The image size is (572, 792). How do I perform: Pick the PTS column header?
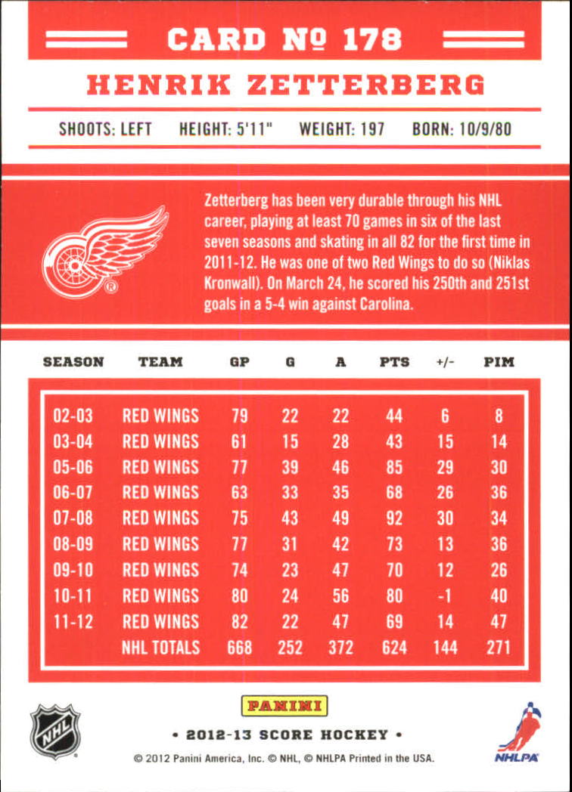pos(394,362)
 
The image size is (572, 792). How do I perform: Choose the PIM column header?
pos(499,362)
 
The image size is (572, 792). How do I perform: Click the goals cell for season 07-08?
pos(290,518)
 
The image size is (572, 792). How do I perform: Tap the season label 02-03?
pos(73,416)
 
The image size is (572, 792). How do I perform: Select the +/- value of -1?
pos(445,596)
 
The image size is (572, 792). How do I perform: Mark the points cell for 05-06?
pos(394,467)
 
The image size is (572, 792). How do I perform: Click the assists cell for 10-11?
pos(340,596)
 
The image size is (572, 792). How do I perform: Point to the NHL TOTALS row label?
pos(160,648)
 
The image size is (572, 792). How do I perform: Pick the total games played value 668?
pos(239,648)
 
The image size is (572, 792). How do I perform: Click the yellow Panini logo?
pos(284,707)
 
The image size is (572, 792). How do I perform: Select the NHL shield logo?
pos(54,730)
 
